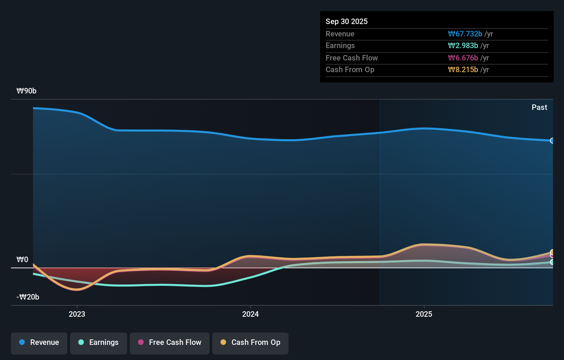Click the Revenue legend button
(x=39, y=343)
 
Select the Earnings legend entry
(x=99, y=343)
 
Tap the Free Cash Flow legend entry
(x=170, y=343)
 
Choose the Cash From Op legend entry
(x=250, y=343)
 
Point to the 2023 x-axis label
(x=77, y=314)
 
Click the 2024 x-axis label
(x=250, y=314)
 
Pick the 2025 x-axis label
(x=424, y=314)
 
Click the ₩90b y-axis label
(x=26, y=91)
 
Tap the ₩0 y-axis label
(x=22, y=259)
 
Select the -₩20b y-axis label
(x=28, y=297)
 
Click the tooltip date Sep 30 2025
(x=346, y=21)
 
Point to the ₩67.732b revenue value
(x=465, y=34)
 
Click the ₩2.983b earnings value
(x=463, y=45)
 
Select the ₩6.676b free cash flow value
(x=463, y=58)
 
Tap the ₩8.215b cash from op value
(x=463, y=69)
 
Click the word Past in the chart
(x=539, y=107)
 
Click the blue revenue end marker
(x=552, y=140)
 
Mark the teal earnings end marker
(x=552, y=262)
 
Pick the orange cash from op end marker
(x=552, y=252)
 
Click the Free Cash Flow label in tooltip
(x=351, y=58)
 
